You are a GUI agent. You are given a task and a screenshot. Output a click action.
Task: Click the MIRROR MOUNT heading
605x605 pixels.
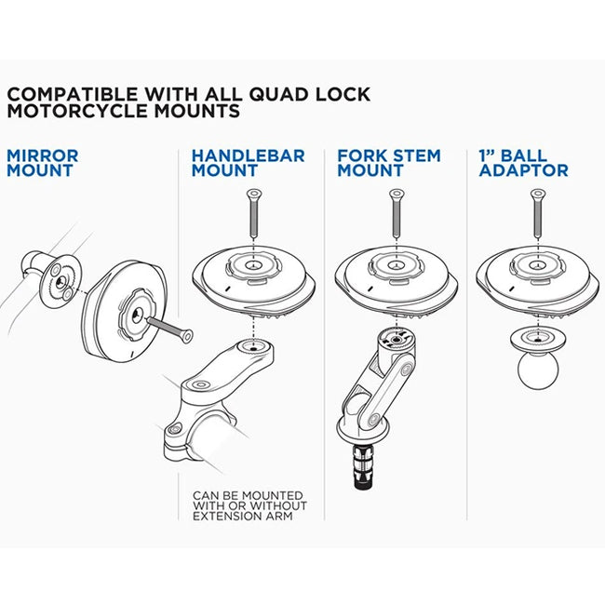coord(43,163)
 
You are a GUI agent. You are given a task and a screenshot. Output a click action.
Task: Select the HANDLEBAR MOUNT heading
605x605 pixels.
coord(248,163)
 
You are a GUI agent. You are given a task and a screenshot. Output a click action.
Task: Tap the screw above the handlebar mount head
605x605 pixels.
coord(253,214)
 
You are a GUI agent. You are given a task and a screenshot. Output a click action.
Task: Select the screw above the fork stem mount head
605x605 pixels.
coord(396,214)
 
